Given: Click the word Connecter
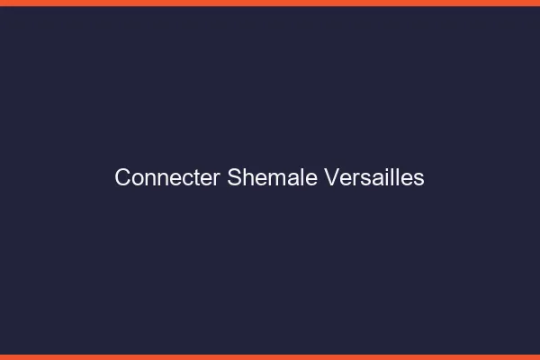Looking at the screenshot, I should (x=167, y=178).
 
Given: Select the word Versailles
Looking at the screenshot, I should (x=373, y=178).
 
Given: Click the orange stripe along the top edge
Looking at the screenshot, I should (x=270, y=3).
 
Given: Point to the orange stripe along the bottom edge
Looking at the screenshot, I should (x=270, y=356).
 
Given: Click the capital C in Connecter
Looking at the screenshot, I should (x=122, y=178).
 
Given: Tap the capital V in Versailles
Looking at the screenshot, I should (x=329, y=178).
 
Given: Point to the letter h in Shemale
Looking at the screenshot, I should (x=247, y=178).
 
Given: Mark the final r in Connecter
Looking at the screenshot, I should (x=219, y=179).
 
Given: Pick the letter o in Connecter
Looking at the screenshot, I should (x=138, y=179).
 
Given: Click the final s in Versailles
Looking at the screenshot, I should (x=419, y=179).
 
